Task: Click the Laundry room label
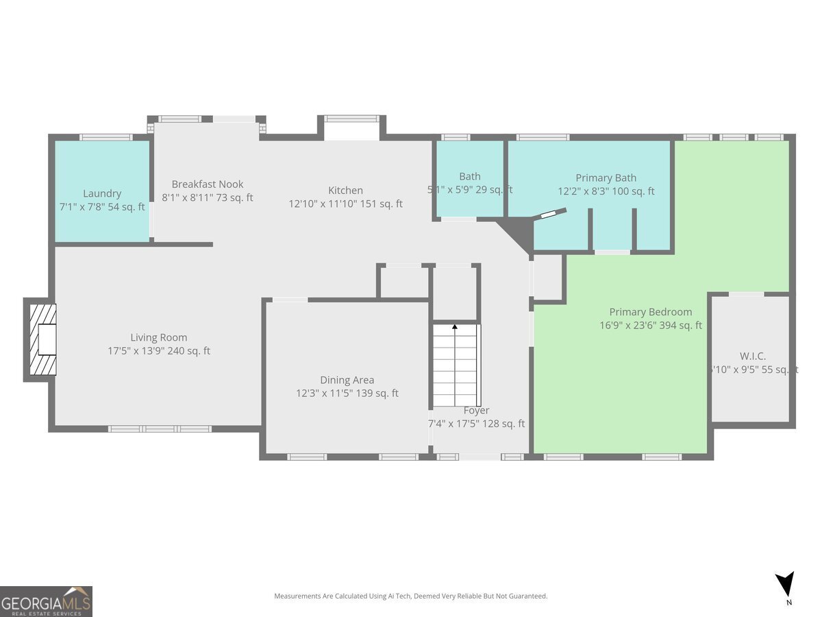point(102,194)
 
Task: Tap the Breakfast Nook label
point(208,184)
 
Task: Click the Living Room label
point(159,337)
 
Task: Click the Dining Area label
point(347,380)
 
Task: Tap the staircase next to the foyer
point(456,367)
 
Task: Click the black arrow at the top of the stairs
point(455,328)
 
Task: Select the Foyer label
point(476,411)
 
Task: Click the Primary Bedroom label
point(651,312)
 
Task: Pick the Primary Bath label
point(606,178)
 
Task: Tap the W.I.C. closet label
point(753,356)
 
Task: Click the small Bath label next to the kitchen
point(470,177)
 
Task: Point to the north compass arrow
point(785,585)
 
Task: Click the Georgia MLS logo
point(46,601)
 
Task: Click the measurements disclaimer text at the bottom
point(411,596)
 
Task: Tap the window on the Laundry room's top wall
point(106,138)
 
